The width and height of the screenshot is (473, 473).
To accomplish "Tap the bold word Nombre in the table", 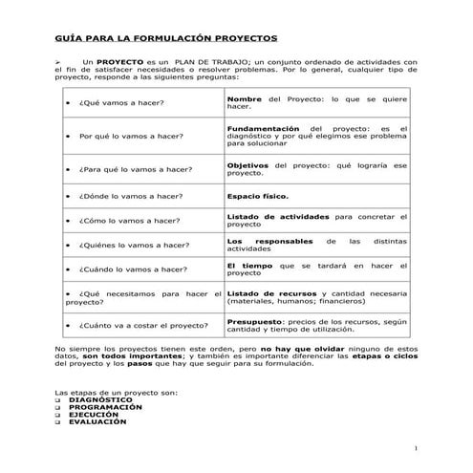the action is [x=245, y=97].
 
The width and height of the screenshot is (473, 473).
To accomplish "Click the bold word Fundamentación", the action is [x=263, y=128].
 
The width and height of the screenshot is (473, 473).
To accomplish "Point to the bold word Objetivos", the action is [x=247, y=164].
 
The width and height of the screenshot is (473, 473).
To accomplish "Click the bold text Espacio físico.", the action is [x=257, y=195].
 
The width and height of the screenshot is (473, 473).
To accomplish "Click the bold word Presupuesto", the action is [x=256, y=322].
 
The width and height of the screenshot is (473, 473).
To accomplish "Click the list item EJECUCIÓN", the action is [x=94, y=414].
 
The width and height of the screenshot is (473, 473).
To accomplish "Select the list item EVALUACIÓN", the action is [x=97, y=421].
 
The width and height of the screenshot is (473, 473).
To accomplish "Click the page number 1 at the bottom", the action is [x=417, y=447].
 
